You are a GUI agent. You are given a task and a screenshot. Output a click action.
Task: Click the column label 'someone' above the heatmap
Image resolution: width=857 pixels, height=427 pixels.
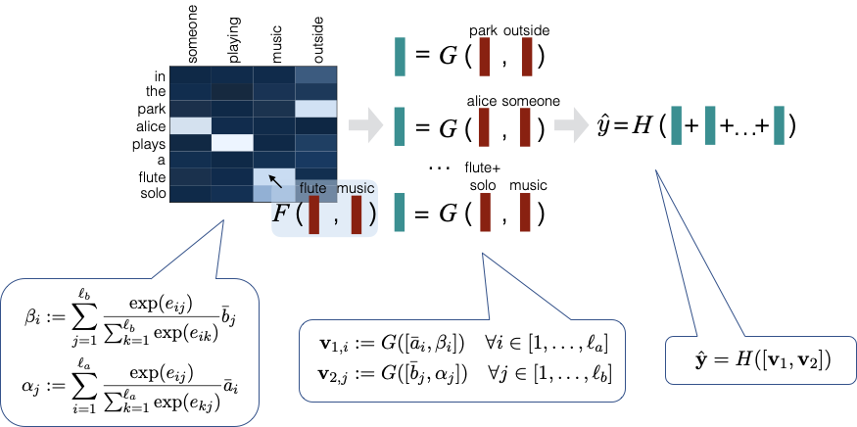192,36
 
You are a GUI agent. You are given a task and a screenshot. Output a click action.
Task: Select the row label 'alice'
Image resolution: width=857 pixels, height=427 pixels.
152,125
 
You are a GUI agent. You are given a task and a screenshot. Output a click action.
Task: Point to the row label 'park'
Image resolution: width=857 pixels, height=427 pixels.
155,109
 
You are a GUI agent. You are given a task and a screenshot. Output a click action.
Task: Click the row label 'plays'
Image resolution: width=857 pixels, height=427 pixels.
152,143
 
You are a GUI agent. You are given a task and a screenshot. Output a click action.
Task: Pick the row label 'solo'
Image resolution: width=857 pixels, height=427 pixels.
154,193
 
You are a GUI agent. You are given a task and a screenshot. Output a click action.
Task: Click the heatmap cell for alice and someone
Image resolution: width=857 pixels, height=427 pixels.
192,125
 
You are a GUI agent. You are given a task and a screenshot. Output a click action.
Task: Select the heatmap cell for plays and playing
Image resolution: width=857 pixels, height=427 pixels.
233,143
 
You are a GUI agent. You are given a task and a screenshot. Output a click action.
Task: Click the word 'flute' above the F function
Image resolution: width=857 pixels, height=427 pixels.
313,188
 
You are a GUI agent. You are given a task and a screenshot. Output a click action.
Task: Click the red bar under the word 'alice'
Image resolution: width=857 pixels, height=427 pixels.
483,126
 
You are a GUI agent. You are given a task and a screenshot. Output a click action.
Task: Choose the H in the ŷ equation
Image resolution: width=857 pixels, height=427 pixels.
636,126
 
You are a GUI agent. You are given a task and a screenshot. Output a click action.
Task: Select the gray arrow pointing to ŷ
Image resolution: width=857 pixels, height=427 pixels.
566,124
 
